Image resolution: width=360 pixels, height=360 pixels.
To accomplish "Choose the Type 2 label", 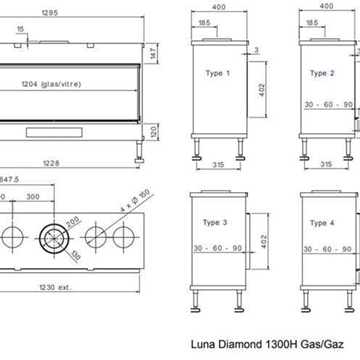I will click(x=321, y=73).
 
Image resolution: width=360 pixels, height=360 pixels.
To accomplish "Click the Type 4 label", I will click(x=321, y=222).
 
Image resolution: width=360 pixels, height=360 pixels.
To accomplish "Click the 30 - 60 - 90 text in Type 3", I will click(x=219, y=246).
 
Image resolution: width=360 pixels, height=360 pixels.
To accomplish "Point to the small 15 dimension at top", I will click(x=22, y=30).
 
